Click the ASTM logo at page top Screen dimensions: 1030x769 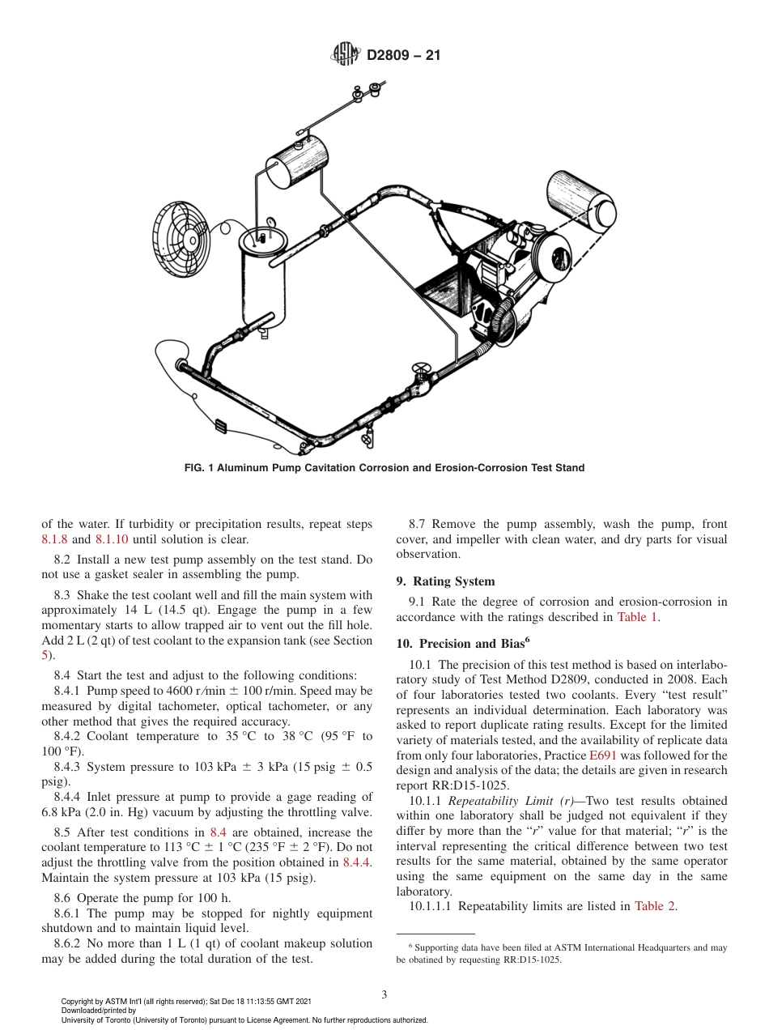pyautogui.click(x=346, y=55)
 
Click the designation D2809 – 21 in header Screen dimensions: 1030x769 pyautogui.click(x=403, y=56)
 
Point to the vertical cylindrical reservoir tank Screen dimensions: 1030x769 pyautogui.click(x=264, y=279)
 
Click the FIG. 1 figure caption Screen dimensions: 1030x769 pyautogui.click(x=384, y=468)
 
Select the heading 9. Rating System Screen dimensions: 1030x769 pyautogui.click(x=445, y=581)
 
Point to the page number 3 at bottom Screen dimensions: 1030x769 pyautogui.click(x=384, y=994)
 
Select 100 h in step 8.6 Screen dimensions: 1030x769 pyautogui.click(x=215, y=897)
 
